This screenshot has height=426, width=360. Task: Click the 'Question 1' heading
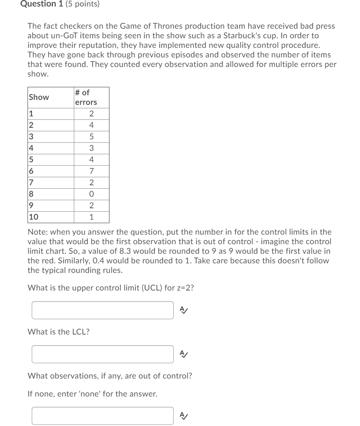pyautogui.click(x=39, y=4)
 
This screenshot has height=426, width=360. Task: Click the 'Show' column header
pyautogui.click(x=39, y=97)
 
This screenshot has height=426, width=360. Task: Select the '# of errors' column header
pyautogui.click(x=86, y=98)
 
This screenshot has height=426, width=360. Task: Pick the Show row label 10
pyautogui.click(x=34, y=217)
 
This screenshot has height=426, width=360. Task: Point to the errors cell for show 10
pyautogui.click(x=91, y=217)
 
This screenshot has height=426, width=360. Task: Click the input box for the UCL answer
pyautogui.click(x=103, y=310)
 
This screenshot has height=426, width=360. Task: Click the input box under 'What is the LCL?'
pyautogui.click(x=103, y=354)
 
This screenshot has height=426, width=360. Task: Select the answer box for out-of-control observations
pyautogui.click(x=103, y=416)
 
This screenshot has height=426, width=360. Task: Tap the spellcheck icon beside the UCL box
pyautogui.click(x=184, y=310)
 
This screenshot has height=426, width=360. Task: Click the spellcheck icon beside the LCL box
pyautogui.click(x=184, y=354)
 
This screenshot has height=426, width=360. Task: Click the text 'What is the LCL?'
pyautogui.click(x=59, y=332)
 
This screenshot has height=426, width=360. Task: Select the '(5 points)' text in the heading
pyautogui.click(x=82, y=4)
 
